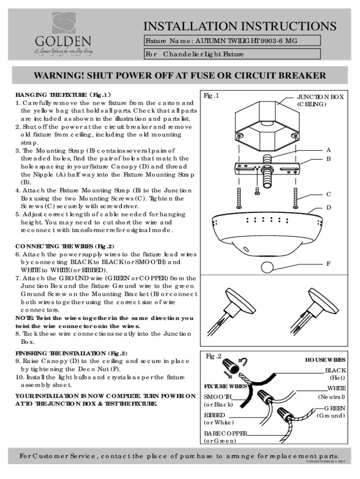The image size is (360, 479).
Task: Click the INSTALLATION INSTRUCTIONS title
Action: pos(239,25)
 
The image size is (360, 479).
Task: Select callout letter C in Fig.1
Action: pos(328,194)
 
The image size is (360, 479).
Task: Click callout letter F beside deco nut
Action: pos(328,264)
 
